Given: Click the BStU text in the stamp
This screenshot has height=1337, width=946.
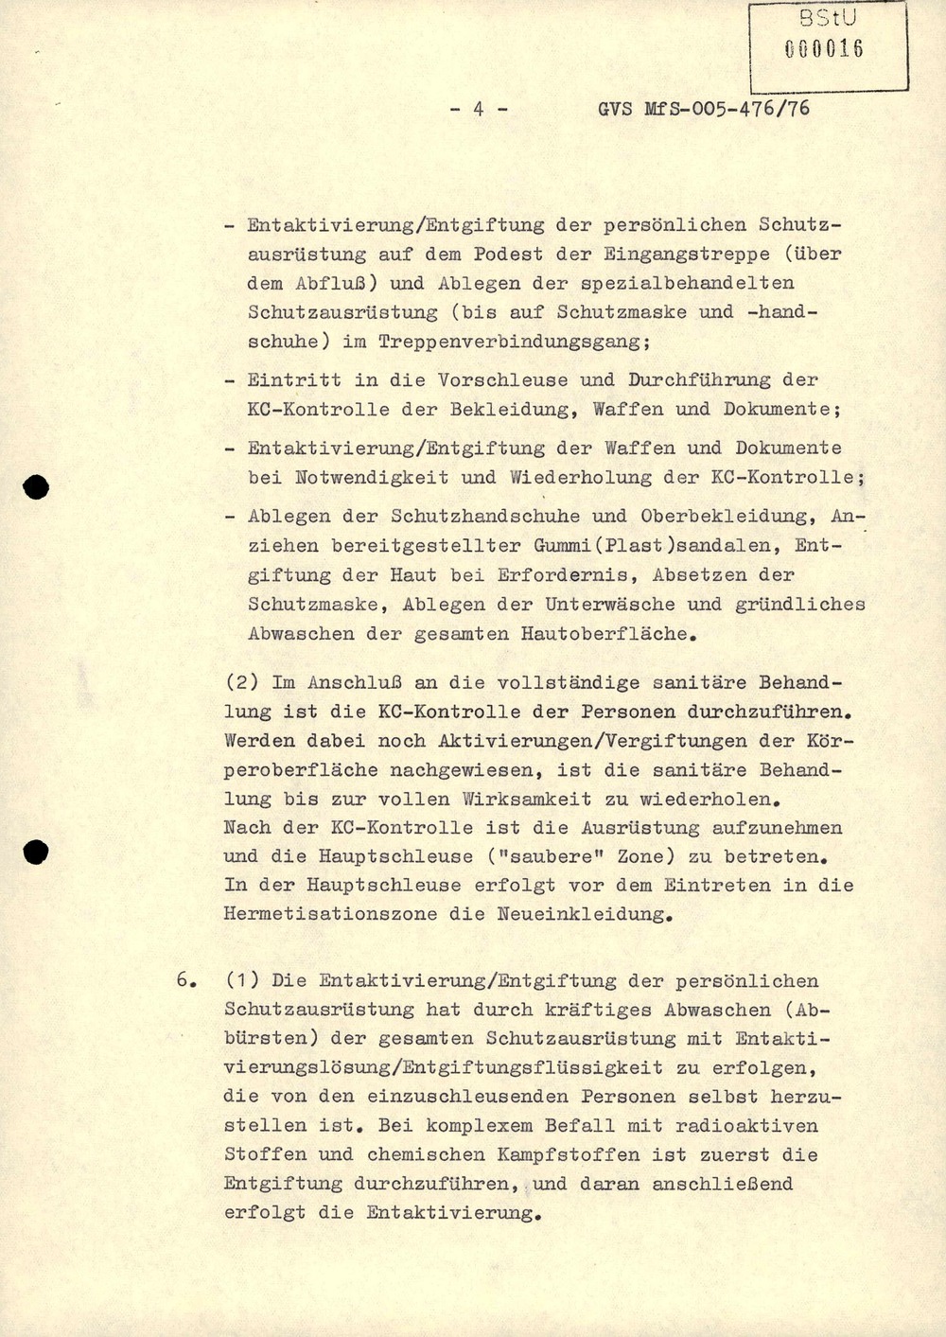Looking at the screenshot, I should pos(827,19).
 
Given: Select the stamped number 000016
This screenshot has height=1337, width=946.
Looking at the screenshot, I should pos(824,49).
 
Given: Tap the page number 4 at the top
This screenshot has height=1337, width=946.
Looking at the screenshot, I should pos(478,109).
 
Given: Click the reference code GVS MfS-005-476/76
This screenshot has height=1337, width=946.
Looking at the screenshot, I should pos(704,109).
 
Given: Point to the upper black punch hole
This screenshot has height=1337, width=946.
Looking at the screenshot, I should pos(36,487).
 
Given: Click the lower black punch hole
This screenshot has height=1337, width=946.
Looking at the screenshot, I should pos(36,852).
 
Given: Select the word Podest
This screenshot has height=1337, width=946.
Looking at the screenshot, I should pos(508,254).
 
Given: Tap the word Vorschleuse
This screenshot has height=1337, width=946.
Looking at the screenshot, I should pos(501,379).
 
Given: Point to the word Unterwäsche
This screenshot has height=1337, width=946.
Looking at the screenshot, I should pos(609,604).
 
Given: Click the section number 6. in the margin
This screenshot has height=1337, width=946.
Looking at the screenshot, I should pos(185,981).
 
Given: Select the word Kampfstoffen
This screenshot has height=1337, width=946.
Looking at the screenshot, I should pos(550,1154).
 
